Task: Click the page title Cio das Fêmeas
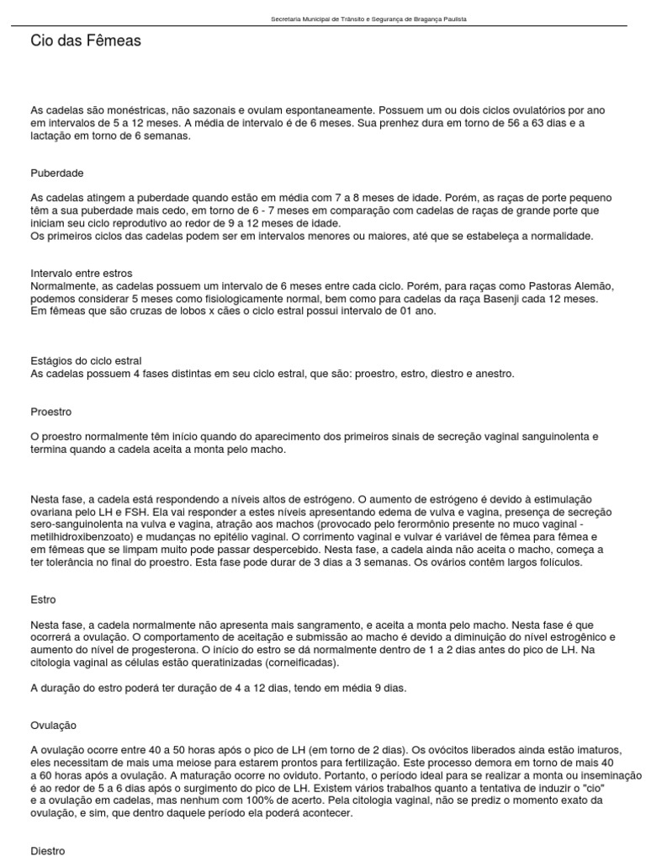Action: coord(86,40)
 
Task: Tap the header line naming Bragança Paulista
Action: coord(369,19)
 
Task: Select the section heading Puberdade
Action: coord(57,173)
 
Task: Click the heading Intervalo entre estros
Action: coord(81,274)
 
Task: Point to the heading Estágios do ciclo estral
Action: coord(86,361)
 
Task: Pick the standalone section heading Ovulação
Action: coord(54,725)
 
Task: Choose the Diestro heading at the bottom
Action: coord(47,851)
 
